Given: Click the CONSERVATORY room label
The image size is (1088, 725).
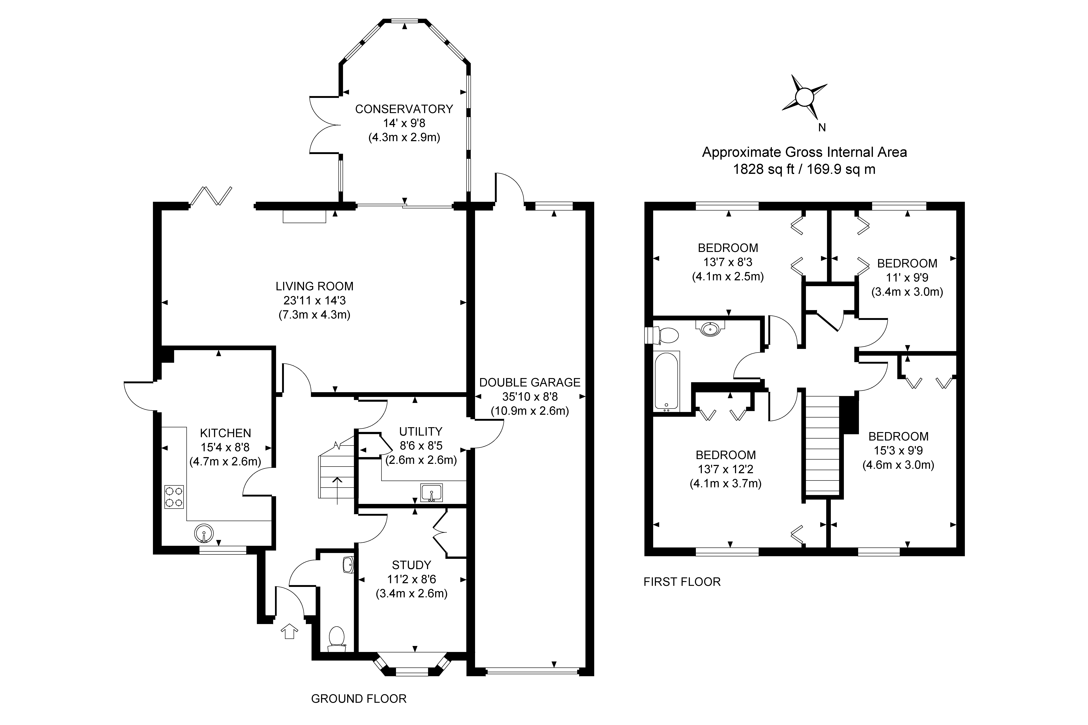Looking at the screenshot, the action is coord(404,109).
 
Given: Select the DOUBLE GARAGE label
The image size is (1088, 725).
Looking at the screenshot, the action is coord(530,382).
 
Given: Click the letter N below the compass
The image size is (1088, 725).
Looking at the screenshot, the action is coord(822,128).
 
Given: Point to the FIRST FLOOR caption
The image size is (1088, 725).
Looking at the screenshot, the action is coord(682,582).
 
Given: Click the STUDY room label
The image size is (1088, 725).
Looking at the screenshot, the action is coord(411,565).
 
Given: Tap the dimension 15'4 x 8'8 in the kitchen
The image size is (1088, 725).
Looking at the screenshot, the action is coord(225,447).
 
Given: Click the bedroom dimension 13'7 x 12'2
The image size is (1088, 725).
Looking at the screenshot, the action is coord(725,469).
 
